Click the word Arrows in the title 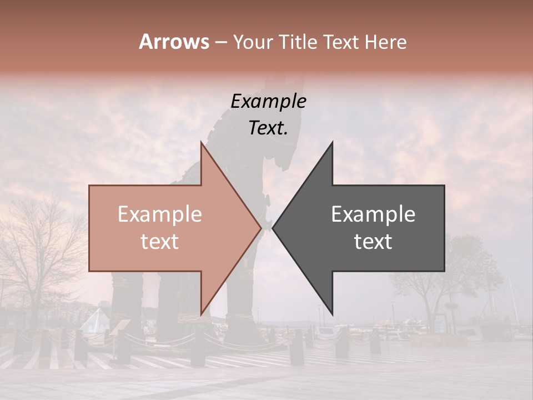pyautogui.click(x=174, y=42)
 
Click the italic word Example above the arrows pyautogui.click(x=268, y=102)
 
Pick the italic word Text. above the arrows pyautogui.click(x=268, y=128)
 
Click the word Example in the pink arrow pyautogui.click(x=160, y=214)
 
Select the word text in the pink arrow pyautogui.click(x=160, y=242)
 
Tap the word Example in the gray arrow pyautogui.click(x=373, y=214)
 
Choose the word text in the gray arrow pyautogui.click(x=373, y=242)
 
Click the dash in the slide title pyautogui.click(x=220, y=42)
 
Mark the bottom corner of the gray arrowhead pyautogui.click(x=332, y=313)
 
